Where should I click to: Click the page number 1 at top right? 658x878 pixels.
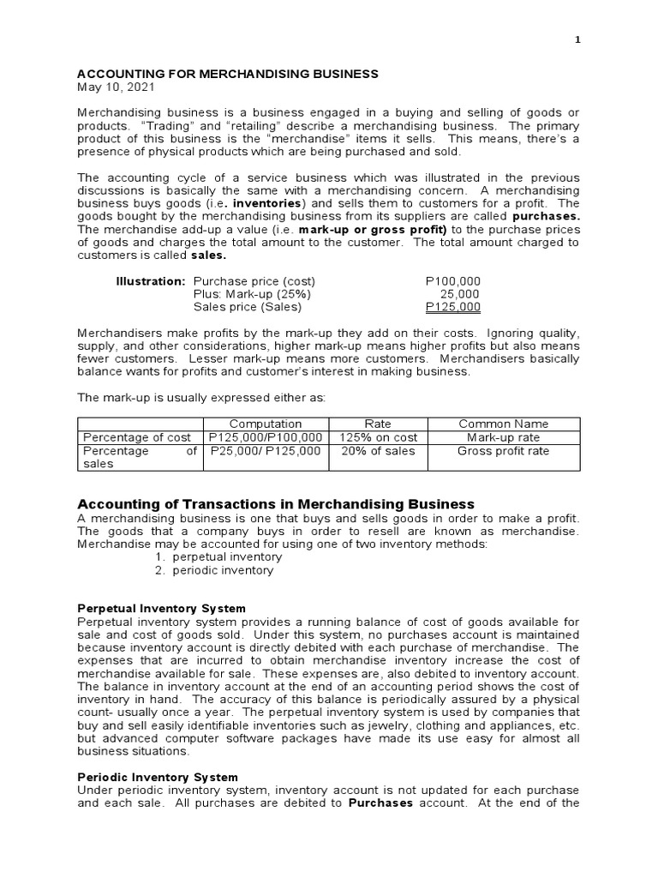577,39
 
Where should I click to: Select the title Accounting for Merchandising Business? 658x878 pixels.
228,75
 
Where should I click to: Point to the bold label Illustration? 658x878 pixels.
151,280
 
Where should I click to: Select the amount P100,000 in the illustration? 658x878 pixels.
452,280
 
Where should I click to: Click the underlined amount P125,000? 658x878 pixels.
452,307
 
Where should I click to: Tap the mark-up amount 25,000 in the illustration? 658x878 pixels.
459,294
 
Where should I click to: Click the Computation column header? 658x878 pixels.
266,424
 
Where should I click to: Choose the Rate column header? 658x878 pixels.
378,424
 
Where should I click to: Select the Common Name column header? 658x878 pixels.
504,424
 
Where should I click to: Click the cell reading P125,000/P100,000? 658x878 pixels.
266,437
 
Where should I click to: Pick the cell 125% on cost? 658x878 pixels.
378,437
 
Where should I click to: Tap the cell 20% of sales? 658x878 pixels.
378,451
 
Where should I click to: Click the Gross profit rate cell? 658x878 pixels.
504,451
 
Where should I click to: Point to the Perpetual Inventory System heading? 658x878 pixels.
162,609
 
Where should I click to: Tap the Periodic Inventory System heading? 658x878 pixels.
158,777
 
